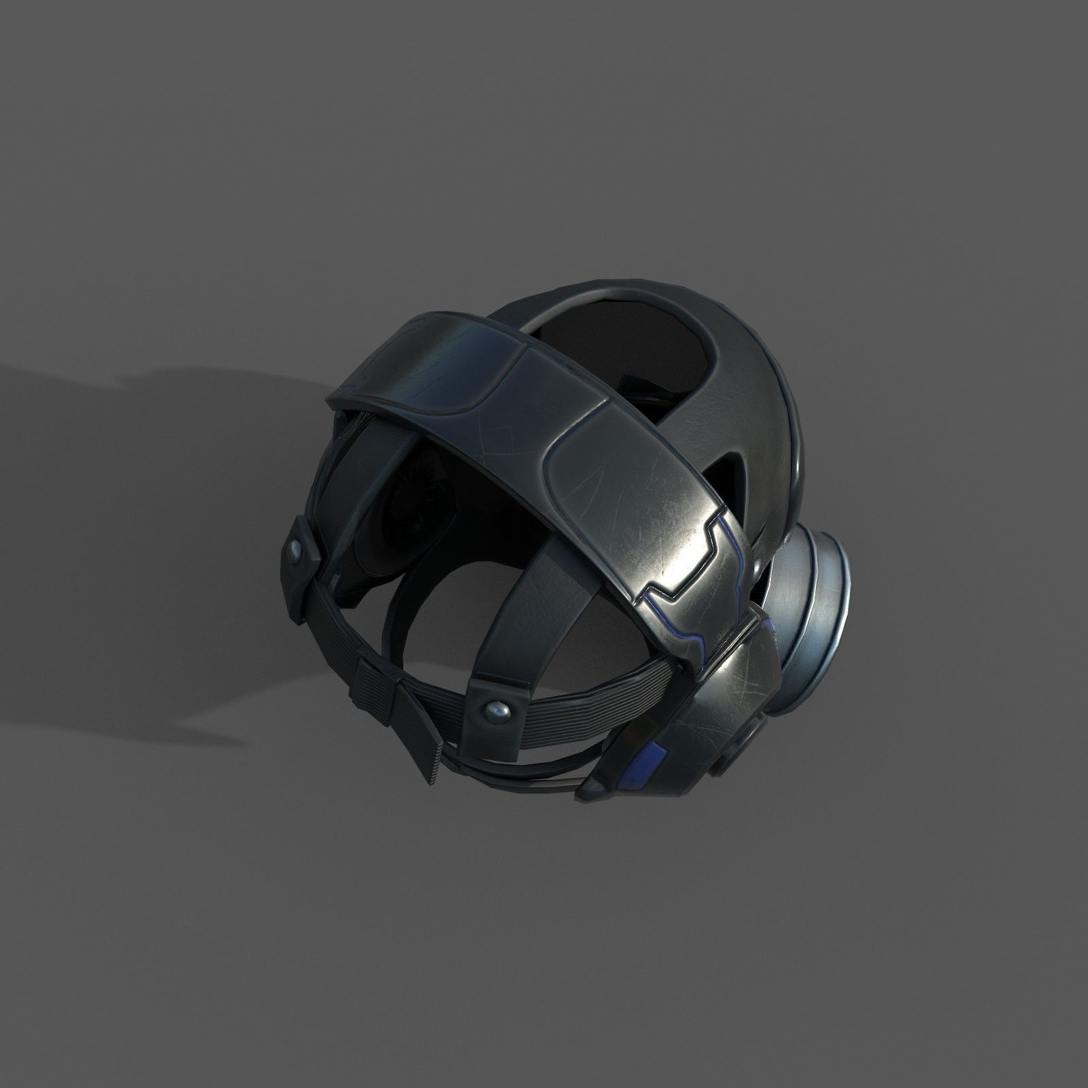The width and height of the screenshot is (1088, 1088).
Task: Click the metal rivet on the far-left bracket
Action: (297, 509)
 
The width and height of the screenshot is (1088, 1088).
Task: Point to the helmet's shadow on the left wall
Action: (136, 442)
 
